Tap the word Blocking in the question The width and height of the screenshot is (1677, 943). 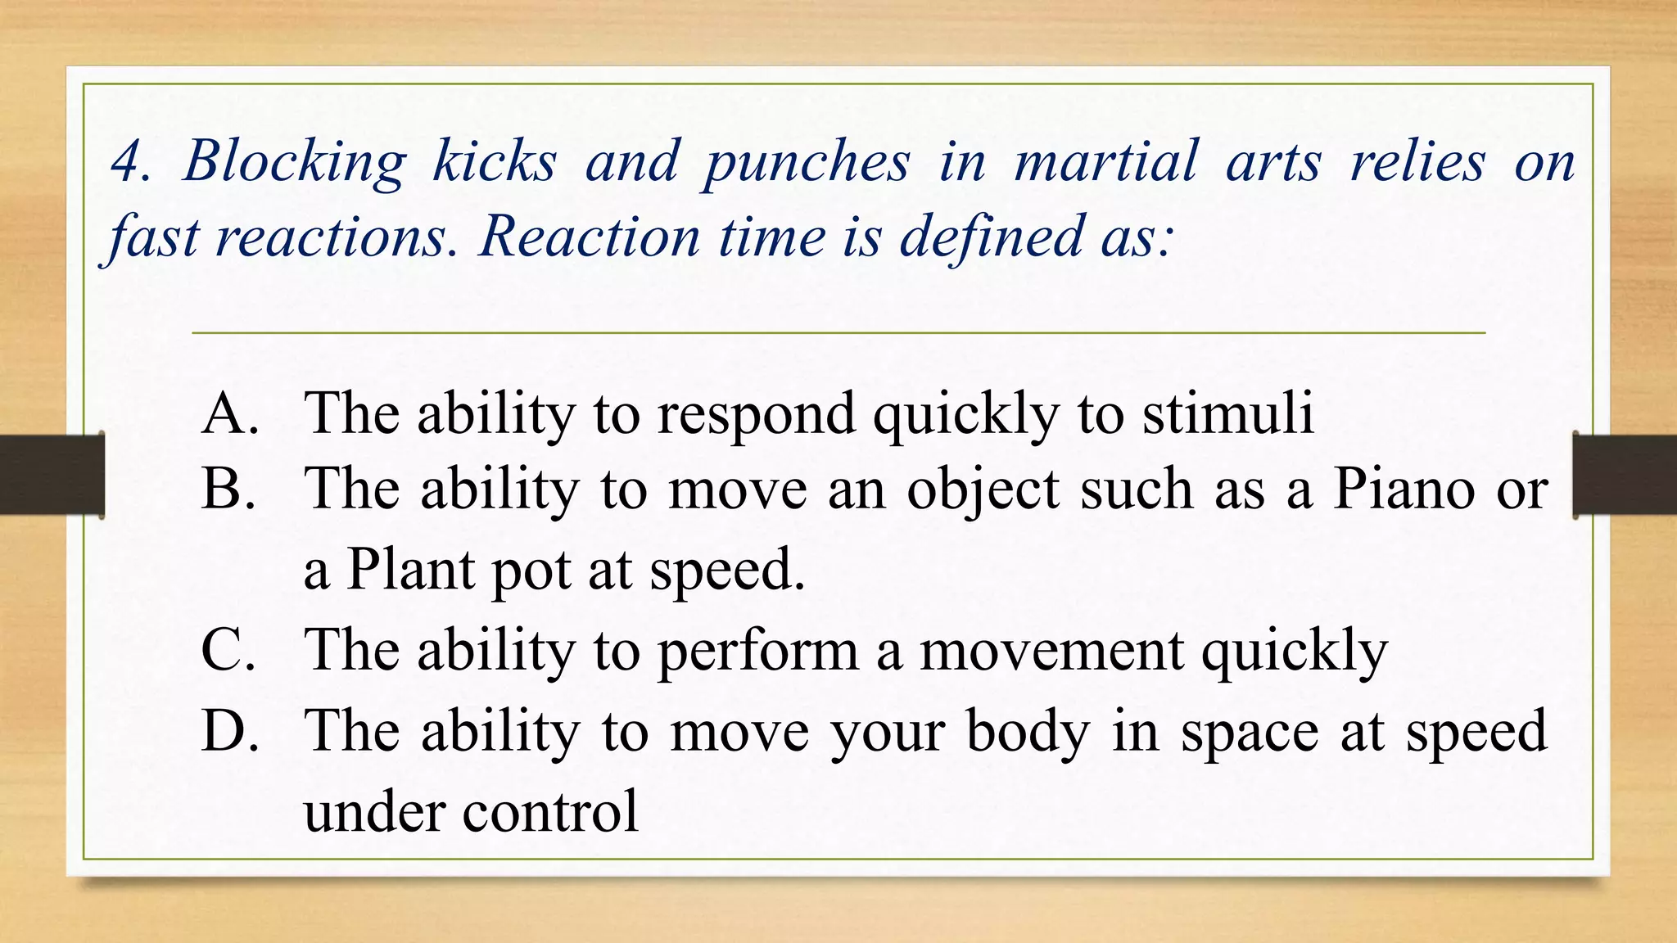(294, 161)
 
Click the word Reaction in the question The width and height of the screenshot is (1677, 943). (590, 237)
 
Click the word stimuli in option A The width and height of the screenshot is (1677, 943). (1227, 413)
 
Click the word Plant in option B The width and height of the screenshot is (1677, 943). (410, 569)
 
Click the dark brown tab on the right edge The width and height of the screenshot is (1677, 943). (1625, 475)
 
